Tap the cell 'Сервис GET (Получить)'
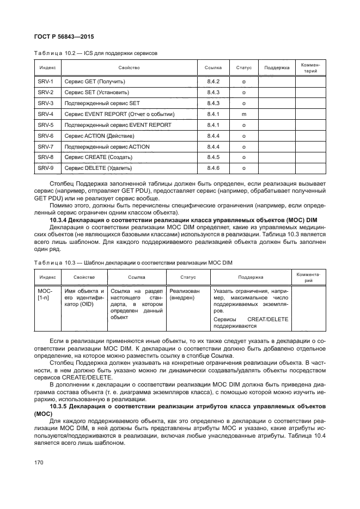95,81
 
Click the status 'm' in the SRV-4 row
243,114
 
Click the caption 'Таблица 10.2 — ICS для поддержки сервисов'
95,53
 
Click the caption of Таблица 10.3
133,263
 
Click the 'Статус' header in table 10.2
243,68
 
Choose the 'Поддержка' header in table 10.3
250,277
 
